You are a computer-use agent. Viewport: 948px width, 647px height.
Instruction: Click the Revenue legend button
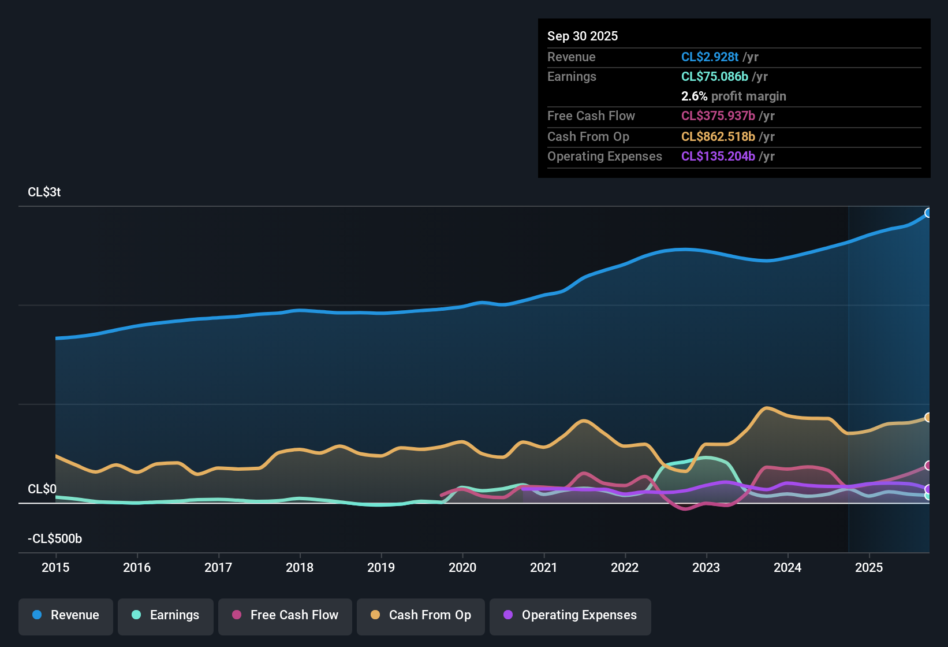(66, 615)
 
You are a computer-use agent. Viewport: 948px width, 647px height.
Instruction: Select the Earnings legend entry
(166, 615)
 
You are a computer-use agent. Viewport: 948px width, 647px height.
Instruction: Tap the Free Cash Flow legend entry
(285, 615)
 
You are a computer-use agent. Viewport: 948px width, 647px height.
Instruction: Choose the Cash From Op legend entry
(421, 615)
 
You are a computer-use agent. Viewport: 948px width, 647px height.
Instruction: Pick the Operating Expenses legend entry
(570, 615)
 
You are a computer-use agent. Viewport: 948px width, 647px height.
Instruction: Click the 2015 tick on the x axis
(55, 567)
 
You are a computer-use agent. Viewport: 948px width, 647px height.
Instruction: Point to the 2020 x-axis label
(462, 567)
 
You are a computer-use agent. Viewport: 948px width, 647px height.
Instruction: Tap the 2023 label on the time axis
(706, 567)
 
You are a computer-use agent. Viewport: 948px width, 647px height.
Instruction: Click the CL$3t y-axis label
(44, 192)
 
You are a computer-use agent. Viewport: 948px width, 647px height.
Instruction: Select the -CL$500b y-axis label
(55, 539)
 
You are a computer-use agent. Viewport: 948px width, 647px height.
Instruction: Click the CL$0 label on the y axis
(42, 489)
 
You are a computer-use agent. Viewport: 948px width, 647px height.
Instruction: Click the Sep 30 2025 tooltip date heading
(583, 36)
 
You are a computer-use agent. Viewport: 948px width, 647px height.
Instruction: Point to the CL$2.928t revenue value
(710, 57)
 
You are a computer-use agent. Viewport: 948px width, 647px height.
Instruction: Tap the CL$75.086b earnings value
(714, 77)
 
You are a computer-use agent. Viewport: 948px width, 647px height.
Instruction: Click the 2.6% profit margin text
(733, 96)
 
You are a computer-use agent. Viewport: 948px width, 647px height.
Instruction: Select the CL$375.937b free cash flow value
(718, 116)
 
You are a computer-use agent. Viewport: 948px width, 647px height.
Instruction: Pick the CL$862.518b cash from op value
(718, 137)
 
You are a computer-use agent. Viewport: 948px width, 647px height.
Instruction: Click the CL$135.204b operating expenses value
(718, 157)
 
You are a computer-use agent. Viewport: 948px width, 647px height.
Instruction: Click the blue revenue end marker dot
(928, 213)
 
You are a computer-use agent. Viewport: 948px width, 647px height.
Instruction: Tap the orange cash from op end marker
(928, 418)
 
